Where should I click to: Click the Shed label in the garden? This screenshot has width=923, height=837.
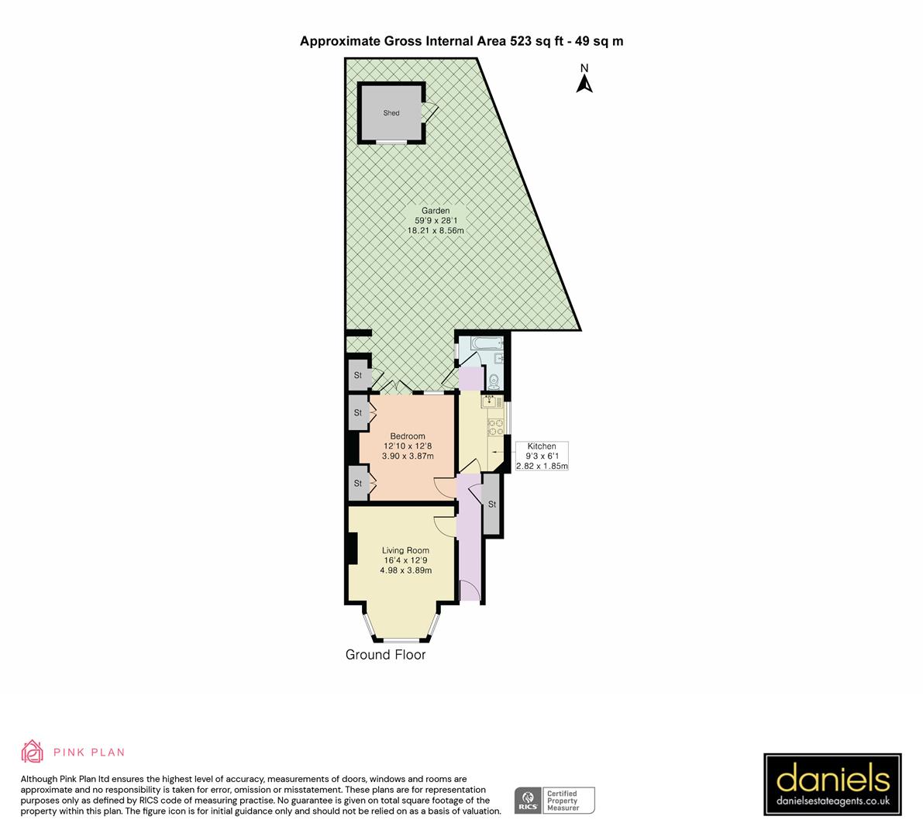(391, 113)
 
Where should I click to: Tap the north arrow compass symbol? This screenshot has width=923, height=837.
(585, 79)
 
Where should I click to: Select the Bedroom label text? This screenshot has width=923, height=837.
(408, 436)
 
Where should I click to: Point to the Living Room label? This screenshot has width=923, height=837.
(405, 551)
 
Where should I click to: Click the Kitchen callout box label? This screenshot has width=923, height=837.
(542, 446)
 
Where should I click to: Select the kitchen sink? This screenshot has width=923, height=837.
(490, 400)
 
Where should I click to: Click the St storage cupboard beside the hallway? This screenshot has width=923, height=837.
(492, 504)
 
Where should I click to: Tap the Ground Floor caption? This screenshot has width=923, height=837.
(385, 655)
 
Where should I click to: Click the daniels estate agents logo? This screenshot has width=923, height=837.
(832, 784)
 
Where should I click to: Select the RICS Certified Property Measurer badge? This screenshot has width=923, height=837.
(555, 800)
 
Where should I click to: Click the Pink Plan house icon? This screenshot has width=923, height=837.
(33, 752)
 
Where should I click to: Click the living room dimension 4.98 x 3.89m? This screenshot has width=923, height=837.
(405, 570)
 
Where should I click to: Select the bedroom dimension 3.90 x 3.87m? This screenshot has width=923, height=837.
(408, 456)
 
